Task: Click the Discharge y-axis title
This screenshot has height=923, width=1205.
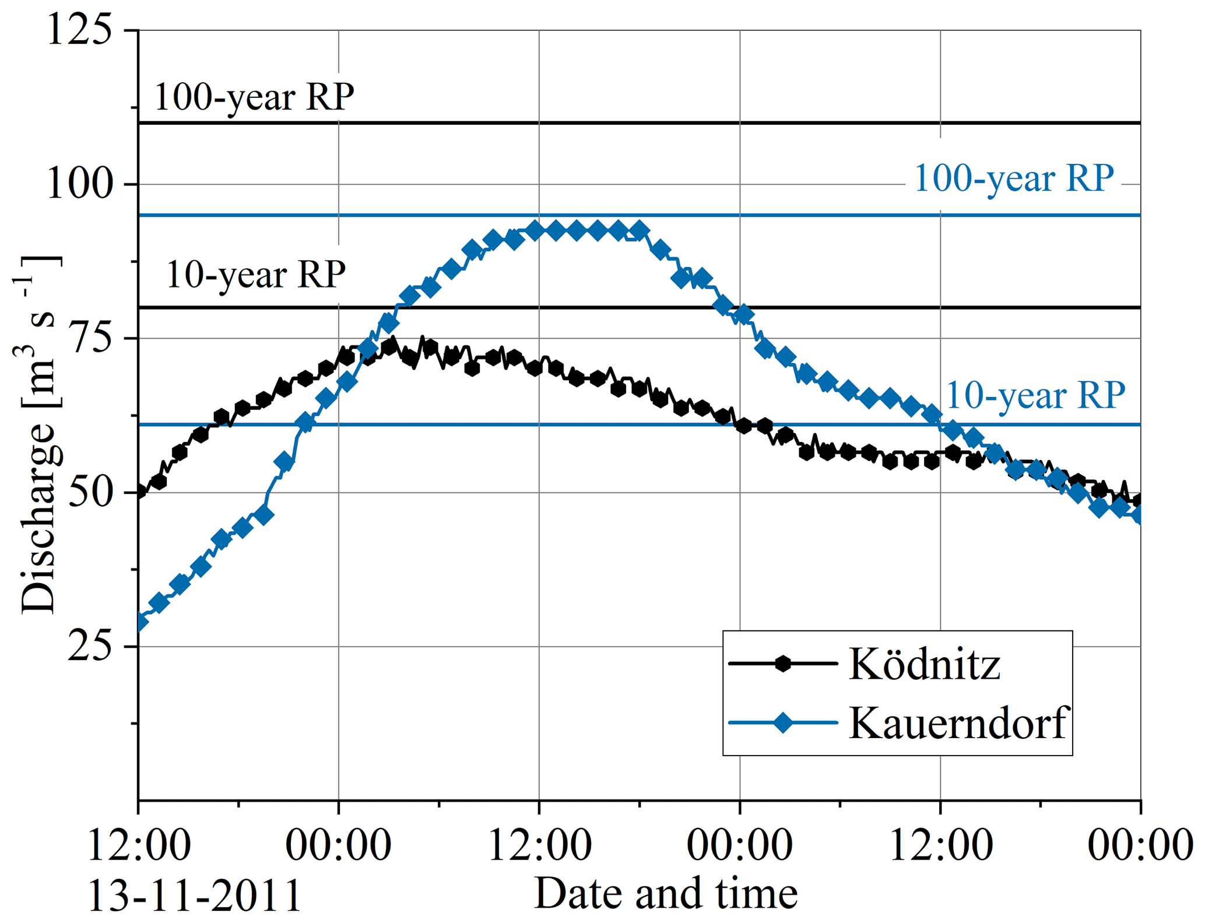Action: point(38,434)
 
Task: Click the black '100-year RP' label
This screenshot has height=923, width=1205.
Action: point(254,97)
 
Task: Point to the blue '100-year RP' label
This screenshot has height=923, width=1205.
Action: point(1014,178)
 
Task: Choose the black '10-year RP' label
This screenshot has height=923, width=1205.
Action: point(256,275)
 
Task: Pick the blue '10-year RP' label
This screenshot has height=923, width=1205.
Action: point(1035,396)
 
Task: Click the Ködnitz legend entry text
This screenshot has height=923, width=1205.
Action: point(925,664)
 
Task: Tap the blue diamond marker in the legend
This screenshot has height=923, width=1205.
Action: point(783,723)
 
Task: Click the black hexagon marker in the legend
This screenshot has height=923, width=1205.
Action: point(783,664)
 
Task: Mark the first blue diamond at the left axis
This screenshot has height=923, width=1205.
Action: point(139,622)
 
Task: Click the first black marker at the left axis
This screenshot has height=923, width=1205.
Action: point(139,492)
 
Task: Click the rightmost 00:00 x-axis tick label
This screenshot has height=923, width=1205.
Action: point(1140,845)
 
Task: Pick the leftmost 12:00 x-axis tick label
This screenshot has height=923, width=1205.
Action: point(139,845)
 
